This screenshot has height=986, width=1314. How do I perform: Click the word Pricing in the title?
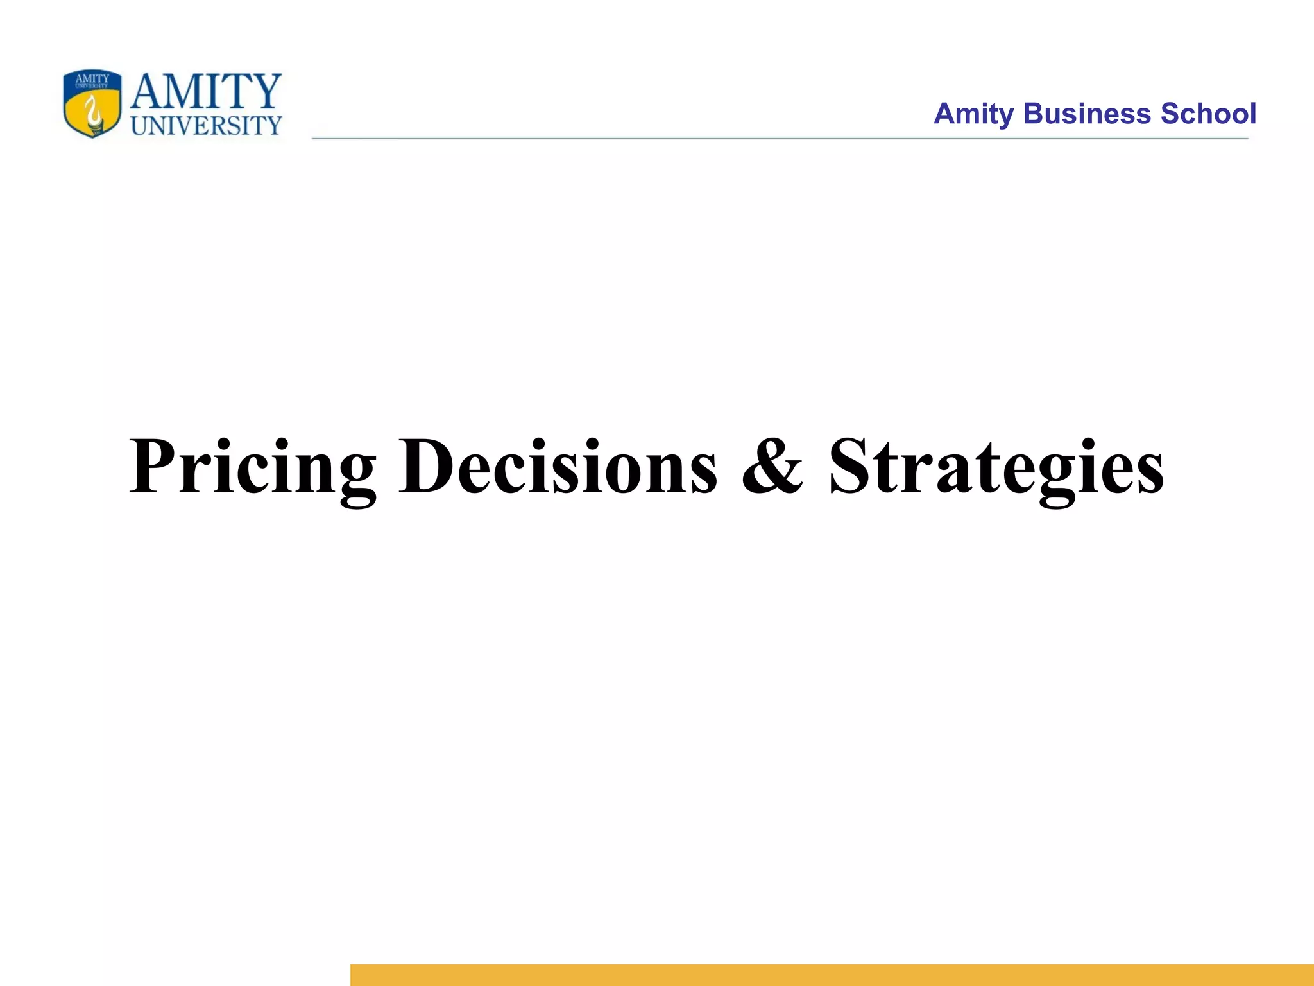(x=252, y=467)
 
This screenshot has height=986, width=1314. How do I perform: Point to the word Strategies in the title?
(x=996, y=467)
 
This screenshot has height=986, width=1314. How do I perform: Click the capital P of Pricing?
(x=152, y=466)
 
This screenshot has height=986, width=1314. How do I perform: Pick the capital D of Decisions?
(x=428, y=466)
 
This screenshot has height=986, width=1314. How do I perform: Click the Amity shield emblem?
(x=92, y=104)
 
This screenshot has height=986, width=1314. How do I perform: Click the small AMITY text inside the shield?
(x=92, y=79)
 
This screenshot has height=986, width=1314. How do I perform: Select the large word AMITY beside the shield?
(x=206, y=91)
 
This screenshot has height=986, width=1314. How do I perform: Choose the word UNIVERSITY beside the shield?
(x=206, y=126)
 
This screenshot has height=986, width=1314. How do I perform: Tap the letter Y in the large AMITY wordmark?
(x=264, y=91)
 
